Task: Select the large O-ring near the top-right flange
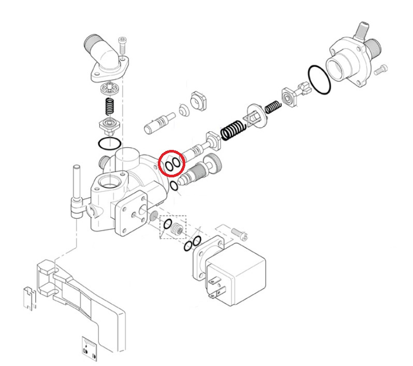pos(319,80)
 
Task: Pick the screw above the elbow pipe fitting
pos(122,43)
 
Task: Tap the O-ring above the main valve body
pos(110,143)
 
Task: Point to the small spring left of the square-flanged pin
pos(272,107)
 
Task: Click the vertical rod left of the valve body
pos(76,184)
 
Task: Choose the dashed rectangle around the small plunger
pos(172,226)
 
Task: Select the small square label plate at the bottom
pos(89,348)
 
